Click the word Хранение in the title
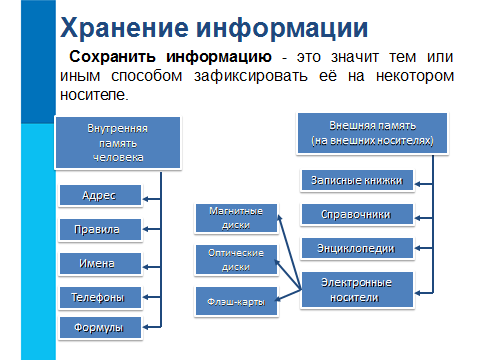[124, 28]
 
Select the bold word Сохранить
[112, 57]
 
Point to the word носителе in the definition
[93, 95]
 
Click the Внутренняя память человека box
[118, 143]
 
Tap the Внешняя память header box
[372, 133]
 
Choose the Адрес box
[100, 195]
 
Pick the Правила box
[100, 229]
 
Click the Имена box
[100, 263]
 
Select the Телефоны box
[100, 297]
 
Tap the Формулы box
[100, 328]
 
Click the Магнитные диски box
[236, 218]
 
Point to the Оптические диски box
[236, 260]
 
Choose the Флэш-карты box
[236, 301]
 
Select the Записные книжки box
[357, 180]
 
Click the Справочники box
[357, 214]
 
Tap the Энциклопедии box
[357, 248]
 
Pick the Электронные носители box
[357, 290]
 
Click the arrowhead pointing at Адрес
[146, 199]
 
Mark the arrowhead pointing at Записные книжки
[418, 184]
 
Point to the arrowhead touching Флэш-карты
[279, 298]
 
